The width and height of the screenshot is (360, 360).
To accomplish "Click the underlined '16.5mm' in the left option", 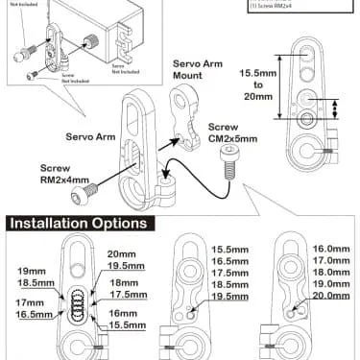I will click(32, 314).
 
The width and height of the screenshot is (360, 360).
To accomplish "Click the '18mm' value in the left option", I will click(124, 284).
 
